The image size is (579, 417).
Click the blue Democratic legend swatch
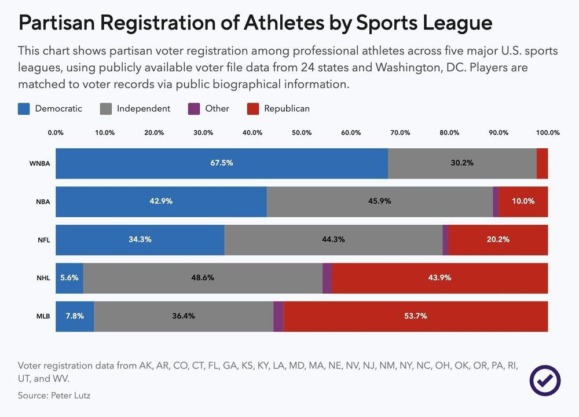pyautogui.click(x=24, y=109)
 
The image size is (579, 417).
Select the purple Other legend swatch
pyautogui.click(x=195, y=109)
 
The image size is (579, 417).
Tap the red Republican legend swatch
pyautogui.click(x=252, y=109)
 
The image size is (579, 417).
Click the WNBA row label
pyautogui.click(x=40, y=163)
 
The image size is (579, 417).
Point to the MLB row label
pyautogui.click(x=42, y=316)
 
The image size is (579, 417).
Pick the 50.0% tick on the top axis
pyautogui.click(x=302, y=133)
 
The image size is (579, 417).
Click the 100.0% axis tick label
pyautogui.click(x=547, y=133)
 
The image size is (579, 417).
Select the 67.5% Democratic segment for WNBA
pyautogui.click(x=222, y=163)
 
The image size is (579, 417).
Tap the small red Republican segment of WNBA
pyautogui.click(x=542, y=163)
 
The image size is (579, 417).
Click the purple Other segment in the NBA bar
pyautogui.click(x=496, y=202)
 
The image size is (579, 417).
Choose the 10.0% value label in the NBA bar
pyautogui.click(x=523, y=202)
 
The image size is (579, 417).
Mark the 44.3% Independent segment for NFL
pyautogui.click(x=334, y=240)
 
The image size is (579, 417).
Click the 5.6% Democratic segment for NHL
pyautogui.click(x=69, y=278)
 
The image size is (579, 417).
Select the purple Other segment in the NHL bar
pyautogui.click(x=327, y=278)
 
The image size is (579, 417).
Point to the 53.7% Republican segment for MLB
pyautogui.click(x=416, y=316)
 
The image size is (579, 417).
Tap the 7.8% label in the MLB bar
pyautogui.click(x=75, y=316)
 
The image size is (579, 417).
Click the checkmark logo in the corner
pyautogui.click(x=545, y=381)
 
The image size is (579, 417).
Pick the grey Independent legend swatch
pyautogui.click(x=106, y=109)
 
